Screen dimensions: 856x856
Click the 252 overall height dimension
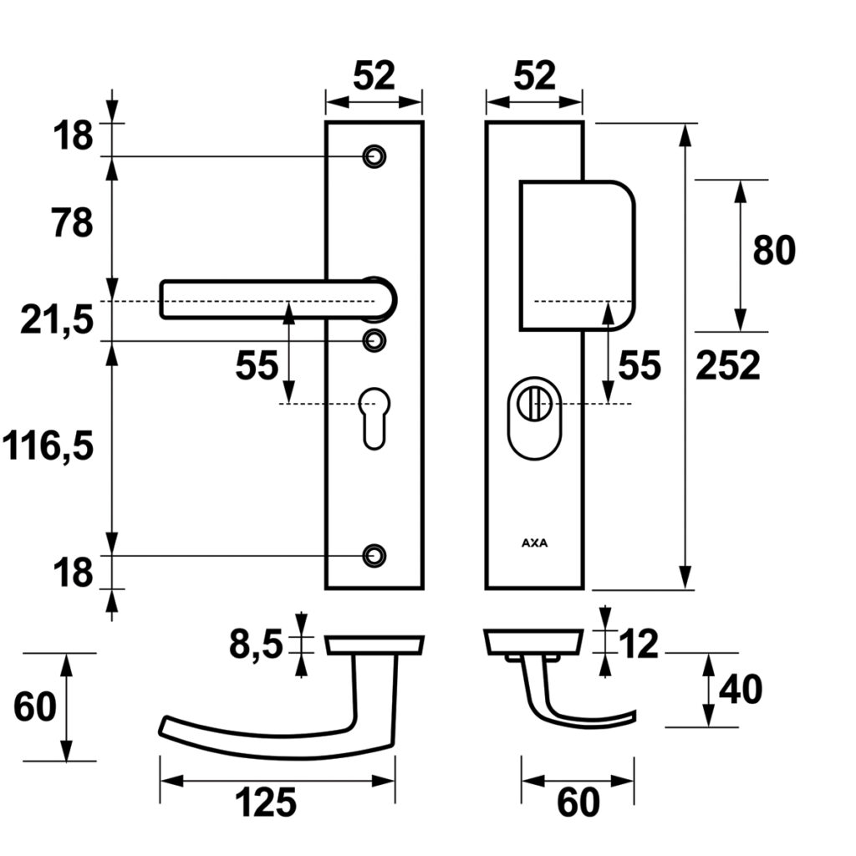coord(727,366)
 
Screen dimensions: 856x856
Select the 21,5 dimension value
coord(57,320)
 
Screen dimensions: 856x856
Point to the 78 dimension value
coord(73,224)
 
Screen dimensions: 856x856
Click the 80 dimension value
coord(774,250)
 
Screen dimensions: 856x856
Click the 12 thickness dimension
coord(639,645)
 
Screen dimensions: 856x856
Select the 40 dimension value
coord(741,691)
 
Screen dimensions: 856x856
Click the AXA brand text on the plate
coord(534,543)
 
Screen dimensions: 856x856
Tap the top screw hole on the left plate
coord(374,156)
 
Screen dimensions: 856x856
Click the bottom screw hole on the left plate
coord(374,554)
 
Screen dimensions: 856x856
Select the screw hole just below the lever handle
coord(374,339)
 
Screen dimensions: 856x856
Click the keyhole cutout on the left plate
coord(374,415)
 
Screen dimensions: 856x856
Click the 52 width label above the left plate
coord(373,77)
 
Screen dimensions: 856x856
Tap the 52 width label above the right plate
coord(533,77)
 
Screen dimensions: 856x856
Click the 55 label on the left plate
coord(257,366)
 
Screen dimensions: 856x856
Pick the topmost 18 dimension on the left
coord(73,135)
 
